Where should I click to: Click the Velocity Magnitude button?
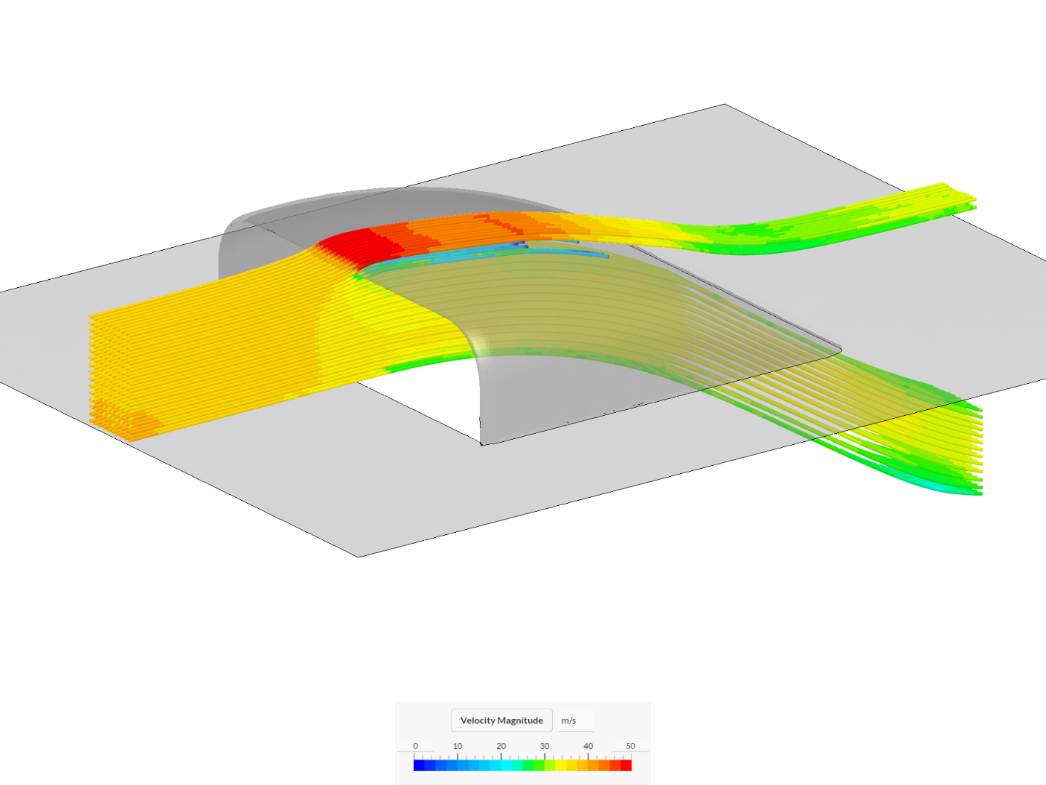[x=501, y=720]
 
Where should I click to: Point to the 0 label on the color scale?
[x=415, y=746]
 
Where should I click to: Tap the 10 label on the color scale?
[x=458, y=746]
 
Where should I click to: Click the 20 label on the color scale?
[x=500, y=746]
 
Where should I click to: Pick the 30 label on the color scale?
[x=545, y=746]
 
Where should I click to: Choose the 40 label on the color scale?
[x=588, y=746]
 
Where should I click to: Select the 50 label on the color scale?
[x=631, y=746]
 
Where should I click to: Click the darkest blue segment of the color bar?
[x=419, y=765]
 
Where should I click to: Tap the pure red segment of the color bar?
[x=626, y=765]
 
